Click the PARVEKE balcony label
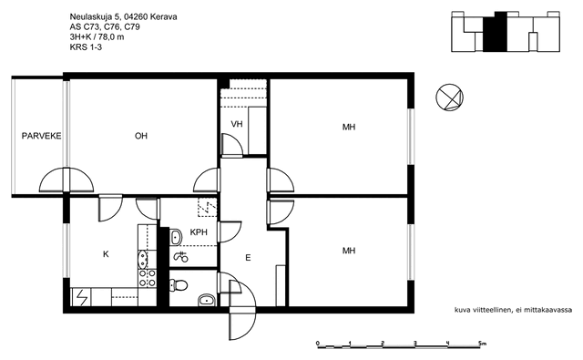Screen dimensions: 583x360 point(41,136)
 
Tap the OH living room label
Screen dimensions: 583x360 point(141,136)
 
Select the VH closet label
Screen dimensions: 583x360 point(237,124)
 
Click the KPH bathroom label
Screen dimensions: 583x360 point(199,232)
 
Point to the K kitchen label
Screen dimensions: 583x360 point(106,254)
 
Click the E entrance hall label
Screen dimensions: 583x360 point(248,257)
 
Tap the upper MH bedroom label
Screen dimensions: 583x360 point(349,128)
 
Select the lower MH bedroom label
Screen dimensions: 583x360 point(349,251)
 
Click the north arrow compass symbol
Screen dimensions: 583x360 point(449,98)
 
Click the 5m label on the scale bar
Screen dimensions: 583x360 point(482,344)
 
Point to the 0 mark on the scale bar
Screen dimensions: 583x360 point(318,344)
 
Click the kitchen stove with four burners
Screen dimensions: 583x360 point(148,278)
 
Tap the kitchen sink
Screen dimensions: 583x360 point(142,259)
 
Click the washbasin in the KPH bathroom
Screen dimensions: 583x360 point(176,237)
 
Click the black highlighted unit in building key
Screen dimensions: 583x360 point(495,33)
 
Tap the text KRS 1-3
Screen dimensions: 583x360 point(86,46)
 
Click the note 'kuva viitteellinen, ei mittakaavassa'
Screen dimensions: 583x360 point(513,310)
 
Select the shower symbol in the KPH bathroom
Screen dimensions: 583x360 point(181,257)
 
